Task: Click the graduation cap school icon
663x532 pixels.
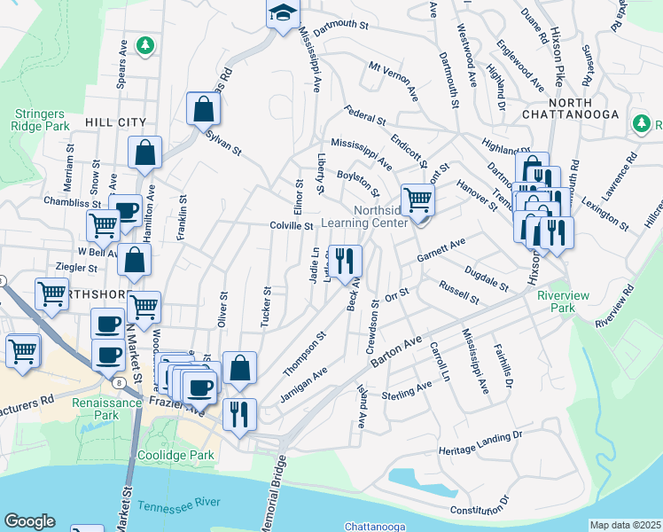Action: tap(283, 14)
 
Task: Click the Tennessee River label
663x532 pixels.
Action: tap(179, 503)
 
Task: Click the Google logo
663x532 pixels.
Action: tap(29, 521)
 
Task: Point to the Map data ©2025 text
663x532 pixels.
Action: tap(625, 525)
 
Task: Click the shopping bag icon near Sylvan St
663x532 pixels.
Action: tap(203, 109)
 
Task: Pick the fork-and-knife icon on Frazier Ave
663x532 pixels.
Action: tap(238, 414)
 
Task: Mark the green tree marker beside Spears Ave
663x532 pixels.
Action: tap(145, 44)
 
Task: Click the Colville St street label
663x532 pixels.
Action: tap(292, 226)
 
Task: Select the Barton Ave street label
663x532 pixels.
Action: tap(395, 351)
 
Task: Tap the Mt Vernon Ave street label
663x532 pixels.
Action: tap(393, 78)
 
